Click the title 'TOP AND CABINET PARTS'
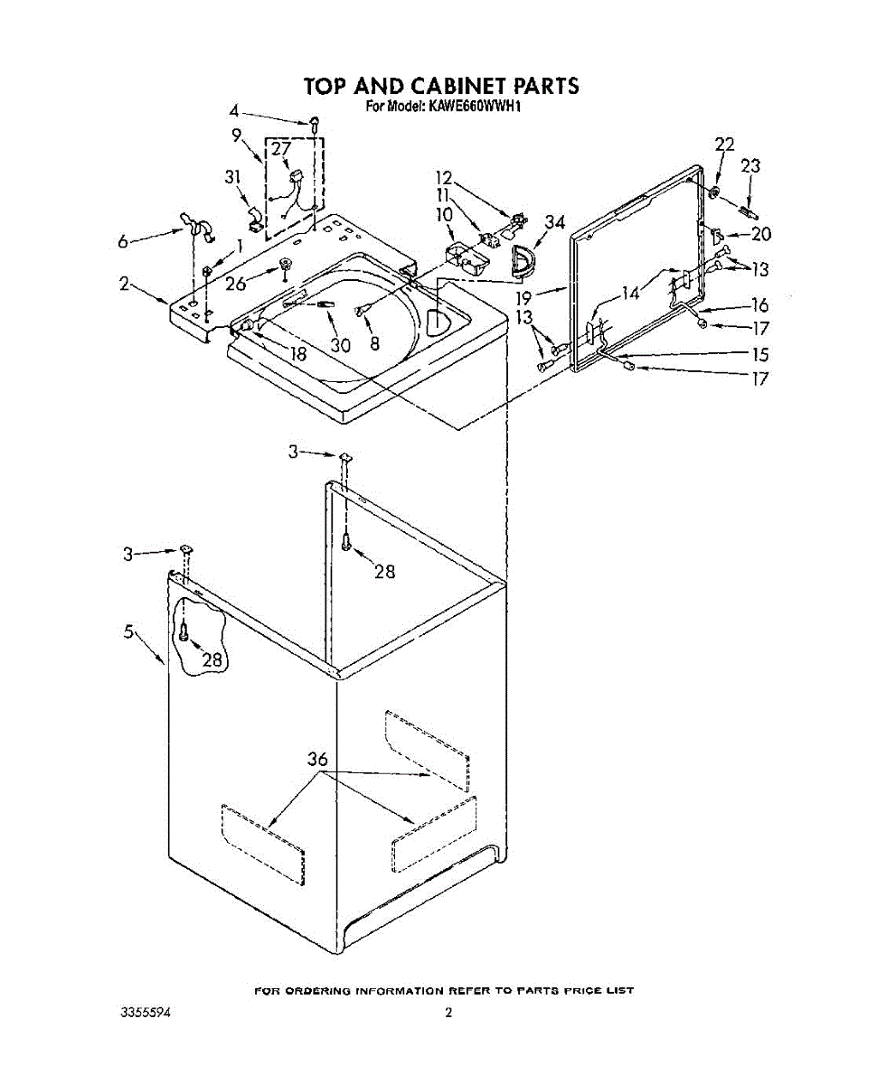tap(440, 86)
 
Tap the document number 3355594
tap(146, 1013)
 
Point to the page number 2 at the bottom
tap(448, 1013)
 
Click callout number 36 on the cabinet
tap(317, 760)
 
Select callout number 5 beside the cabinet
tap(130, 632)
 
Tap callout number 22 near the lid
tap(724, 145)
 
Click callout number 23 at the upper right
tap(750, 166)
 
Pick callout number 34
tap(555, 223)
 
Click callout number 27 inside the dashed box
tap(281, 149)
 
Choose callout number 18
tap(297, 354)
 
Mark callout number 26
tap(235, 283)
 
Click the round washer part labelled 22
tap(714, 193)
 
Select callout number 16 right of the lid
tap(760, 305)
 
